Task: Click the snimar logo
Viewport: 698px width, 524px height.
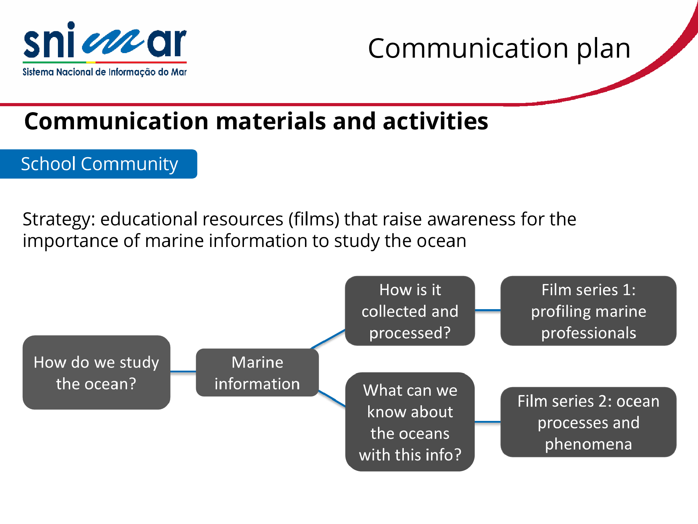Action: pos(105,49)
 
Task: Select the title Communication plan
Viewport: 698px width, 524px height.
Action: pos(499,49)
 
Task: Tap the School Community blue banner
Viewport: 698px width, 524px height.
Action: pos(98,164)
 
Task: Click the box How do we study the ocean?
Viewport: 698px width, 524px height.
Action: pos(96,372)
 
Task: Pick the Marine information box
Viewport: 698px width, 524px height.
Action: pos(257,372)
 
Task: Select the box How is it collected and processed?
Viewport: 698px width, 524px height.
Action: pos(410,311)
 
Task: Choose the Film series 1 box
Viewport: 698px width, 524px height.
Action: pos(588,311)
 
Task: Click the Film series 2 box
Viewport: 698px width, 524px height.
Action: pos(588,422)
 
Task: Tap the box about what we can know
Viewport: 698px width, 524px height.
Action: pos(410,422)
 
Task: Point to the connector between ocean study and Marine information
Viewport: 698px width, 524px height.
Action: pos(183,372)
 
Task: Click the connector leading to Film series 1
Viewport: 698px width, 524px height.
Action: pos(488,310)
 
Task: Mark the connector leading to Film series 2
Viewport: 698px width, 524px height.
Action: pos(488,422)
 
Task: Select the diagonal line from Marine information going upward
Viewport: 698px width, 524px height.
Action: pos(328,339)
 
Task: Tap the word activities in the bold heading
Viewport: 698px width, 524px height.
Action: pos(435,121)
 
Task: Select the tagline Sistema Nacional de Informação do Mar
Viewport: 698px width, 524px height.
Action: pos(105,72)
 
